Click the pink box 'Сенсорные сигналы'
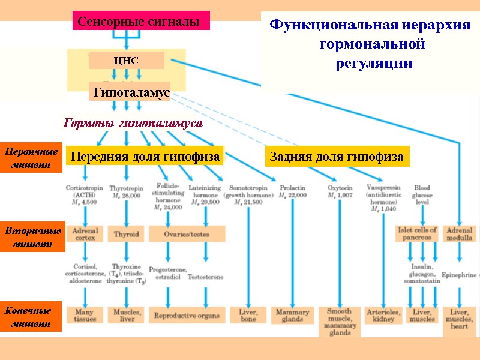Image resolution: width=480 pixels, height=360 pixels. (x=141, y=22)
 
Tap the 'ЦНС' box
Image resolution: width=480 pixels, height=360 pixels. (x=126, y=61)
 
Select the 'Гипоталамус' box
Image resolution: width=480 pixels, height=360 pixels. (x=130, y=92)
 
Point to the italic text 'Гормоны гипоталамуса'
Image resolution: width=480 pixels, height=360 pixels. (x=133, y=123)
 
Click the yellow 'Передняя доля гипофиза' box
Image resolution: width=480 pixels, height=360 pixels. (x=145, y=157)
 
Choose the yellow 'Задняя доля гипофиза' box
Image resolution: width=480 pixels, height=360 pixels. (x=336, y=157)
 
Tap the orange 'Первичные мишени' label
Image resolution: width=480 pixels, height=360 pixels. (x=31, y=157)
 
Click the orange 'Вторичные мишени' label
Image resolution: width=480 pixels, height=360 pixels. (x=31, y=238)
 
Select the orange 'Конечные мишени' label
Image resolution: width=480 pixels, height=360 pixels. (x=31, y=317)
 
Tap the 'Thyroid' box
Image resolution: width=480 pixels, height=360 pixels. (x=127, y=234)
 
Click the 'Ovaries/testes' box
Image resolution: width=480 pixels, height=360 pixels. (x=187, y=234)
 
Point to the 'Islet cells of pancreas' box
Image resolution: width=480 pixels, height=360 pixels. (x=417, y=234)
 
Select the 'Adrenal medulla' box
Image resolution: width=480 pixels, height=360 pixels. (x=459, y=234)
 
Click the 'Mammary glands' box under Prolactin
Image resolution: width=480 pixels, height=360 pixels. (x=292, y=316)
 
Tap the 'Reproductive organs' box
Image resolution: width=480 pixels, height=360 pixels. (x=187, y=315)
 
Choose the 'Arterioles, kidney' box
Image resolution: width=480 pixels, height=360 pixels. (x=383, y=316)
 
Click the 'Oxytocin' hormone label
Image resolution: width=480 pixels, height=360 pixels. (x=340, y=188)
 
